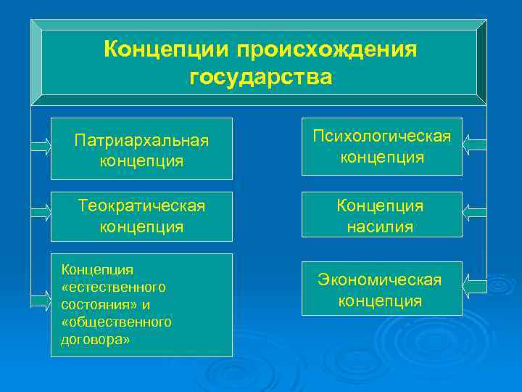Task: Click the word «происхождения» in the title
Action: pos(326,50)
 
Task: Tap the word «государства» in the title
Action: pos(261,77)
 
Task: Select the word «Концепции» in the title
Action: pos(166,50)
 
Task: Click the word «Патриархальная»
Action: pos(141,139)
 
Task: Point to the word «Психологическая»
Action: pos(381,136)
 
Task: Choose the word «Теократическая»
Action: pos(141,205)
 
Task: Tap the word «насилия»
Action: pos(381,226)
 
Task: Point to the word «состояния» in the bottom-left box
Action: pos(90,304)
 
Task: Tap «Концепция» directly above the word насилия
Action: pos(381,205)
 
